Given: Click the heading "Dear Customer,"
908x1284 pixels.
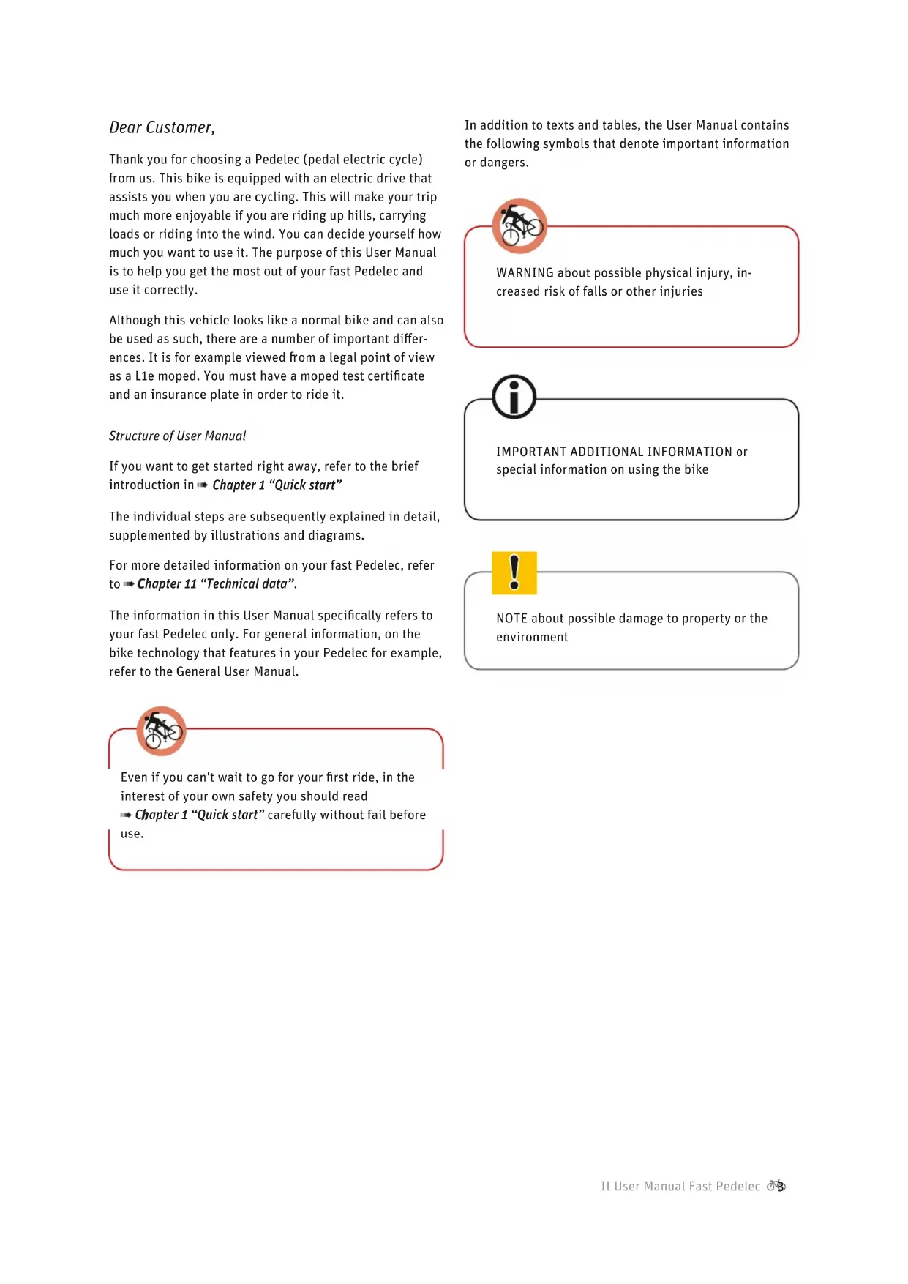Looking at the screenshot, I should point(162,128).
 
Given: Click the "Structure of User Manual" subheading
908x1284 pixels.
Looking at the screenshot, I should point(177,436).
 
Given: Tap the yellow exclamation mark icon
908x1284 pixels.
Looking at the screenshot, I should point(514,572).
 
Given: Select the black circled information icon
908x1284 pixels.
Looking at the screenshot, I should point(514,397).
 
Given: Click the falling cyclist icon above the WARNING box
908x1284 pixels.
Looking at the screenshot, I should point(519,225).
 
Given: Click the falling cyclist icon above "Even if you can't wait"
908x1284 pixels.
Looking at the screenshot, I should point(161,731).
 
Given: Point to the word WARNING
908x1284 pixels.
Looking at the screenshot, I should point(525,273).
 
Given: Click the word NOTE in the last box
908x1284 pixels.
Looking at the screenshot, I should point(511,619).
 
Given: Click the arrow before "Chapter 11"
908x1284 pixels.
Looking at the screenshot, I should point(129,584).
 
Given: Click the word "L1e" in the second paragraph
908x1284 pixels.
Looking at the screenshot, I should point(144,376).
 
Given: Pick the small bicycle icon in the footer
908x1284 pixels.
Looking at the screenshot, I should point(776,1186).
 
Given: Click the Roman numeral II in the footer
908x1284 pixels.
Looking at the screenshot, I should point(605,1187).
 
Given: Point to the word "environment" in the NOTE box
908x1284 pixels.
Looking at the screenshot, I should point(532,638).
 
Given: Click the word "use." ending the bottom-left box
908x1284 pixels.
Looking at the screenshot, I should point(132,834).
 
